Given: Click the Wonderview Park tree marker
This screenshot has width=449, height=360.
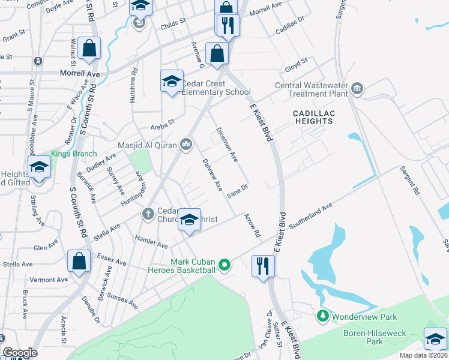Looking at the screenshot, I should pos(323,316).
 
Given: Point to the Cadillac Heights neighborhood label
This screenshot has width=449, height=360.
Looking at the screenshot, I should pos(313,117).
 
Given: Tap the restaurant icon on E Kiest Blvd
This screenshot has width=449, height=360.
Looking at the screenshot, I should pos(262,266).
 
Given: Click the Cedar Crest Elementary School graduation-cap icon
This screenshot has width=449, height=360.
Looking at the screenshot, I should pos(171,81).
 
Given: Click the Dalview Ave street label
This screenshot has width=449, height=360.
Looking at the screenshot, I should pos(212,173).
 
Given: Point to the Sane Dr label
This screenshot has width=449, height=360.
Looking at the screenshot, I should pos(238,191).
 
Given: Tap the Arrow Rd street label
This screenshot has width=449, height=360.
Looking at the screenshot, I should pos(253,224).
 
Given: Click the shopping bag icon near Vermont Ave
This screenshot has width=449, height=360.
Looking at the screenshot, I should pos(79,261).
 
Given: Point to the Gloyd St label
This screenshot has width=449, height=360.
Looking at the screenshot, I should pos(296,61).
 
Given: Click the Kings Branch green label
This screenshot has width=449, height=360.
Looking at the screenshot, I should pos(74,154).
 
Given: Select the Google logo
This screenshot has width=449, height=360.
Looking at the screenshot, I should pos(20,353).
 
